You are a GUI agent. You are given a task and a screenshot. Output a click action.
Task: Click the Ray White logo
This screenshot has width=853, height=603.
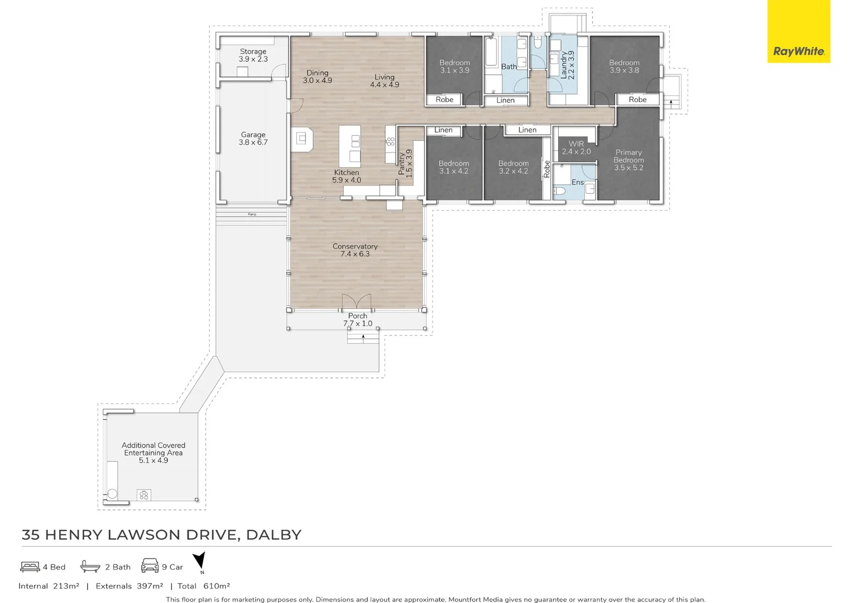tap(798, 51)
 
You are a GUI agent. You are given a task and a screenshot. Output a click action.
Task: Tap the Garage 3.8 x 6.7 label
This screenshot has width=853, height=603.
tap(253, 138)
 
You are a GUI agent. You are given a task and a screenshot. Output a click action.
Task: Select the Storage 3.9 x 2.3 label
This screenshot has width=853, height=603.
tap(253, 55)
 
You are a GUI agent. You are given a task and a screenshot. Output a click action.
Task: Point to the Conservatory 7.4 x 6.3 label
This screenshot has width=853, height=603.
tap(355, 250)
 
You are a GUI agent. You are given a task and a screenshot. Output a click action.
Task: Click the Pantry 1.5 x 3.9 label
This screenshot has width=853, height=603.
tap(405, 164)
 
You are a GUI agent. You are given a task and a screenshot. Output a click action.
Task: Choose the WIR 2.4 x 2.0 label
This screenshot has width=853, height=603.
tap(576, 147)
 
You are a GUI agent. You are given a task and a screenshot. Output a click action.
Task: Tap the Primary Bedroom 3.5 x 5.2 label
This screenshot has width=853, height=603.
tap(629, 160)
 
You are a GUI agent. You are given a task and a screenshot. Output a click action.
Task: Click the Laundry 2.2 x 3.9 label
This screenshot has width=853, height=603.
tap(567, 65)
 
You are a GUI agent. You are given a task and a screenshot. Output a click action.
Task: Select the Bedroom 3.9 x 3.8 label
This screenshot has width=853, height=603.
tap(624, 66)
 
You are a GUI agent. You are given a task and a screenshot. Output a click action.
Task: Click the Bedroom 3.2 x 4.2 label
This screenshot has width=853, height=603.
tap(513, 167)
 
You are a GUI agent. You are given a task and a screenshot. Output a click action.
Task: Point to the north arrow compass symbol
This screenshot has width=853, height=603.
tap(200, 562)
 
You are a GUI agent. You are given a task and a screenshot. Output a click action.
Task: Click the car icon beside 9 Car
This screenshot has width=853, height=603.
tap(150, 566)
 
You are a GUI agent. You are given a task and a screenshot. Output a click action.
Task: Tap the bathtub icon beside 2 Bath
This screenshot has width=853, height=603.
tap(90, 566)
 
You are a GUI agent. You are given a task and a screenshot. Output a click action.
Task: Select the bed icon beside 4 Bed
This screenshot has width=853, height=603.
tap(30, 567)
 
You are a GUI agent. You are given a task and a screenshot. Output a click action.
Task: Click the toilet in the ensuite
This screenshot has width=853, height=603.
tap(560, 192)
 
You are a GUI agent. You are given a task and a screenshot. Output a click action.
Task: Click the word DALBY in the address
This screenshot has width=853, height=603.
tap(274, 535)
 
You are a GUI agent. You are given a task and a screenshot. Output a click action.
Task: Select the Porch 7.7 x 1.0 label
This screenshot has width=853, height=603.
tap(358, 319)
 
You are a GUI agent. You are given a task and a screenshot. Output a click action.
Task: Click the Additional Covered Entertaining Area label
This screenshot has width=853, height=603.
tap(154, 452)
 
